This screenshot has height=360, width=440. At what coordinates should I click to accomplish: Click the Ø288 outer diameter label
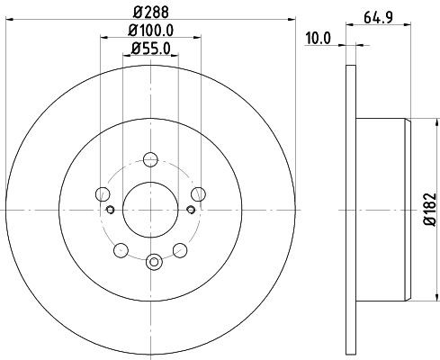pyautogui.click(x=151, y=13)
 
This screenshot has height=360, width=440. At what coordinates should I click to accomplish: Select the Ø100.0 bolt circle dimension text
pyautogui.click(x=151, y=32)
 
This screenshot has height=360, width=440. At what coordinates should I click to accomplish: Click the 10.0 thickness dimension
pyautogui.click(x=321, y=38)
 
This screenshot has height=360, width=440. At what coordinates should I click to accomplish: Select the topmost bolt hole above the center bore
pyautogui.click(x=151, y=158)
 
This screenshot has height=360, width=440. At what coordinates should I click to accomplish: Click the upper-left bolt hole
pyautogui.click(x=103, y=193)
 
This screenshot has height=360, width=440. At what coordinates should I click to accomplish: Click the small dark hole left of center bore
pyautogui.click(x=111, y=210)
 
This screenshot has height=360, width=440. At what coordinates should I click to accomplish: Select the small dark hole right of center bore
pyautogui.click(x=192, y=210)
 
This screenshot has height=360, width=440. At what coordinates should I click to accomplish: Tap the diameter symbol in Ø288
pyautogui.click(x=137, y=13)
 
